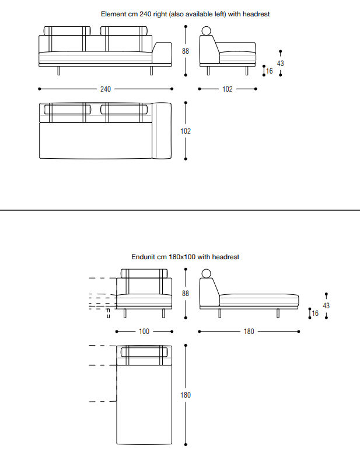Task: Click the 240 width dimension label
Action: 105,89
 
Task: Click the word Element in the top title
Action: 113,14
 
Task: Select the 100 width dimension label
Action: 144,331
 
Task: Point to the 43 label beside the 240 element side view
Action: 281,63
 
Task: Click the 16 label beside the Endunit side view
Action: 315,314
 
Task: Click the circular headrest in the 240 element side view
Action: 206,31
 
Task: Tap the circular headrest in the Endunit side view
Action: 206,274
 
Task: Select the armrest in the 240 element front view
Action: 162,53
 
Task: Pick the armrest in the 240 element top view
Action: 162,131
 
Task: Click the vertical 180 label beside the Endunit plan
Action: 186,395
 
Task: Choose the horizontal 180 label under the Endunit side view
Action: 249,331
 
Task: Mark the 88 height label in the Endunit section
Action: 186,294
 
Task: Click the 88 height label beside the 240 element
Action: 186,51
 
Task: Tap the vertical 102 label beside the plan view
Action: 186,131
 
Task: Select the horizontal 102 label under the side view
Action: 228,89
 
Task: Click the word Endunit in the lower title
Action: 143,257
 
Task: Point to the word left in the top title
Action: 220,14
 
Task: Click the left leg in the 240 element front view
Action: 59,71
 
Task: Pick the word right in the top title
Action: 160,14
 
